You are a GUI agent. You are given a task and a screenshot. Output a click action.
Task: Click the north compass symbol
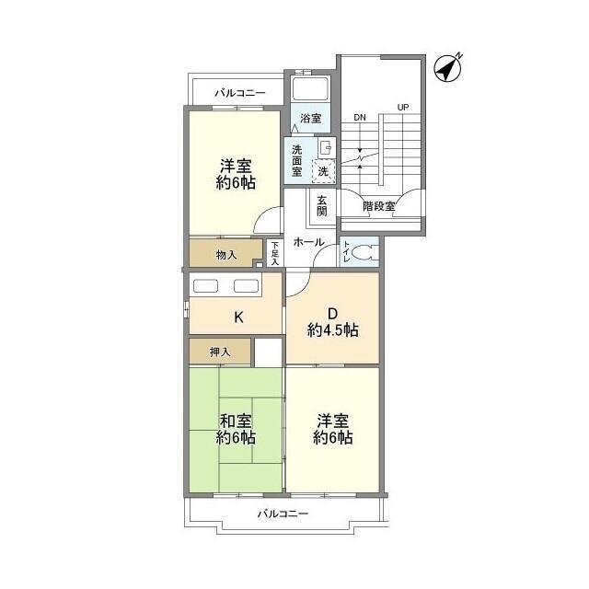point(448,68)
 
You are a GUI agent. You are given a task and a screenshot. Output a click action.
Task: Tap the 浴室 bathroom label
point(311,119)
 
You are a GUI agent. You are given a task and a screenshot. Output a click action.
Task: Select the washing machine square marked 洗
point(323,171)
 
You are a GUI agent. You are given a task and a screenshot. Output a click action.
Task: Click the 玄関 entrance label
point(321,206)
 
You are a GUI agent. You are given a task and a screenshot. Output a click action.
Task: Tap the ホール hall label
point(309,242)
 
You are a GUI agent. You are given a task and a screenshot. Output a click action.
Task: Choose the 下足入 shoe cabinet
point(275,253)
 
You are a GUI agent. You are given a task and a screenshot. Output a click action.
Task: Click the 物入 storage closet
point(225,253)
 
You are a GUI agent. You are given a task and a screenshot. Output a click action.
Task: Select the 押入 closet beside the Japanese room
point(220,352)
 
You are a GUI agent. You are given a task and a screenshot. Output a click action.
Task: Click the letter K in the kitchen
point(238,318)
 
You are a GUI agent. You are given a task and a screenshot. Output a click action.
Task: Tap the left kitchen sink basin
point(205,286)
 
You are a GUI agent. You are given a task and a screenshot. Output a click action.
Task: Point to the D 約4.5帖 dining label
point(333,322)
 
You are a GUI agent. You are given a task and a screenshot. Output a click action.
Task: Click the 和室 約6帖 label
point(236,429)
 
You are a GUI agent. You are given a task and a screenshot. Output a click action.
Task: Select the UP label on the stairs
point(403,108)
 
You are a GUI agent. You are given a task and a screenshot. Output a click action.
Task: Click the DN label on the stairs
point(360,118)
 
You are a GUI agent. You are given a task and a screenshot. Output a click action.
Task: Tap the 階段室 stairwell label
point(379,206)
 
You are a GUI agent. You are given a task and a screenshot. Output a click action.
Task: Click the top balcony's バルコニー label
point(240,93)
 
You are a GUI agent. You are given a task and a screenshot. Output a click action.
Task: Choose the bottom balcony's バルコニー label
point(283,514)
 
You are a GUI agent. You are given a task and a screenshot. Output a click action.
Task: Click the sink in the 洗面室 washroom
point(326,148)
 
